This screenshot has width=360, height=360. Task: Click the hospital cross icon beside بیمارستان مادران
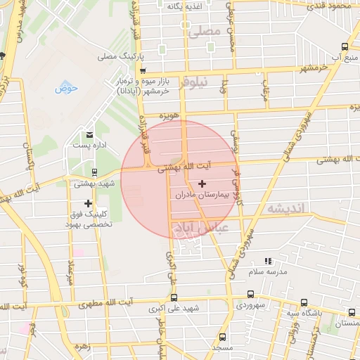coord(202,183)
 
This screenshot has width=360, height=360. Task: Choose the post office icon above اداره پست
coord(89,134)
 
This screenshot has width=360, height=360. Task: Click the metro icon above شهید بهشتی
coord(94,172)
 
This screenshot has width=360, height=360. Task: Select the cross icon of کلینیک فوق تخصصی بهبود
coord(88,204)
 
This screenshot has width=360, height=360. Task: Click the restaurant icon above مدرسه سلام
coord(266,261)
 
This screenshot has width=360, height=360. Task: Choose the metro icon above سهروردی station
coord(251,295)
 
